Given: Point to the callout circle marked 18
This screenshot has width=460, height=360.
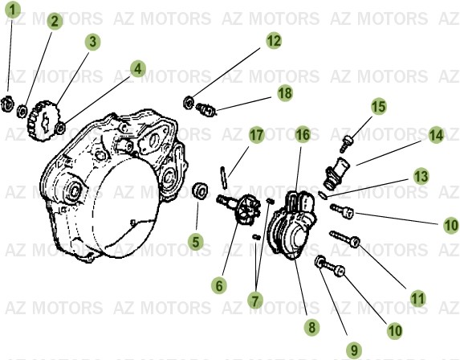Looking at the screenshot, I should click(284, 94).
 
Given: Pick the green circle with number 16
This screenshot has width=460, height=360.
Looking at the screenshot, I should click(303, 135).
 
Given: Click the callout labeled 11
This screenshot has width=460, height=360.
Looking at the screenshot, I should click(417, 297).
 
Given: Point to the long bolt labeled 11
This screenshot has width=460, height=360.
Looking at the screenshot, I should click(341, 238).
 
